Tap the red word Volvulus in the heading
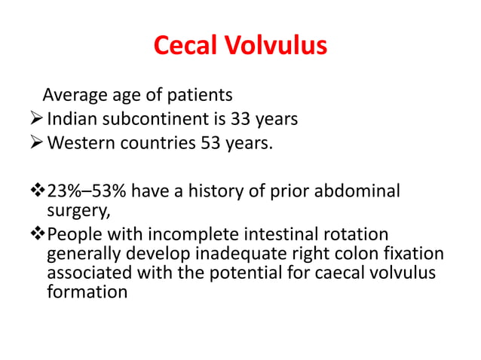[277, 46]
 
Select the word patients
[201, 96]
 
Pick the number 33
[243, 119]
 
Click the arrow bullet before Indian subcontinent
[36, 119]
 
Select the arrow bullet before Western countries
[36, 142]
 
